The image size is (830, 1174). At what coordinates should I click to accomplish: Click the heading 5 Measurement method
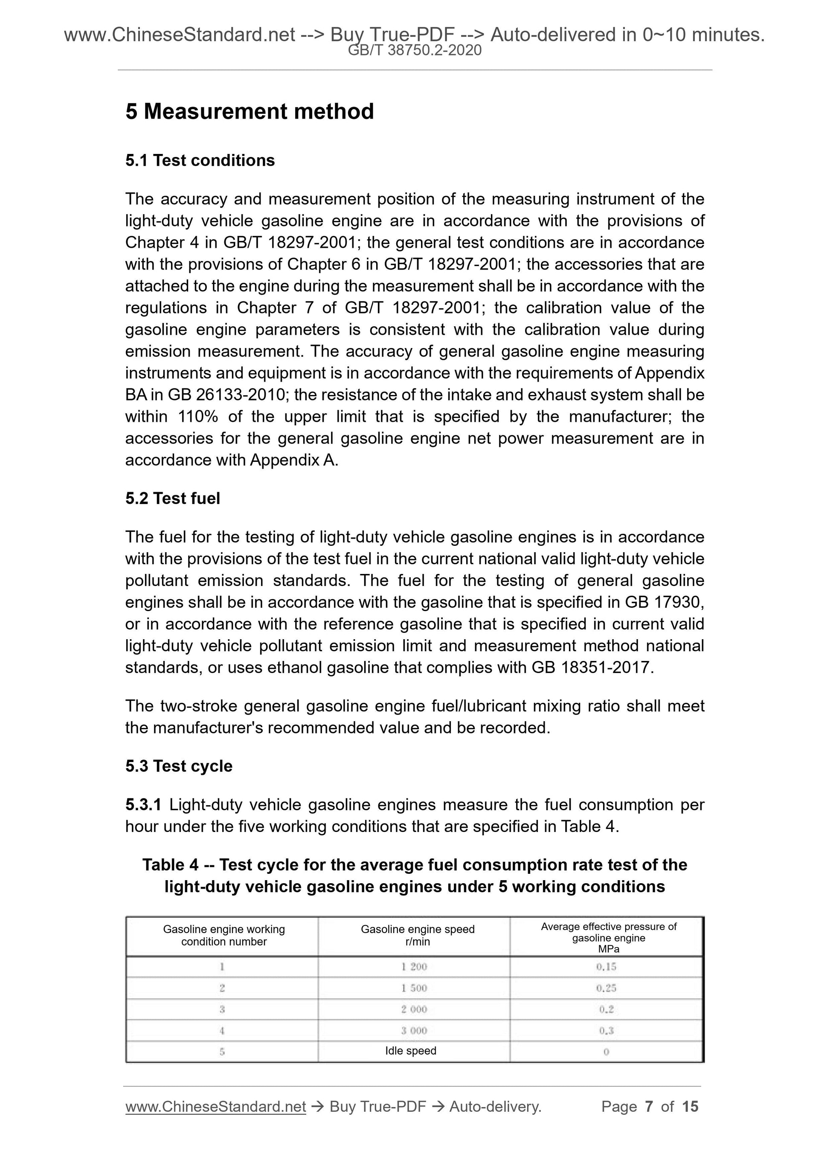[250, 111]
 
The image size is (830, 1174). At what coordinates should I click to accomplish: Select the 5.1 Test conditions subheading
[200, 160]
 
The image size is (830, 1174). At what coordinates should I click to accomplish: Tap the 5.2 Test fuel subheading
[172, 498]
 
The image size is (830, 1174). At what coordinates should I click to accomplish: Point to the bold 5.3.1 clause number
[143, 805]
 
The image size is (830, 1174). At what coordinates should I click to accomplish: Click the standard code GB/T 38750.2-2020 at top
[414, 50]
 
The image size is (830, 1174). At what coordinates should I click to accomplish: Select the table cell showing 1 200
[414, 966]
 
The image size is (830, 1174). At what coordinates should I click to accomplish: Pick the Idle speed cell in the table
[411, 1051]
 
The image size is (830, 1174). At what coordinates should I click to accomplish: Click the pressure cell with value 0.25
[606, 988]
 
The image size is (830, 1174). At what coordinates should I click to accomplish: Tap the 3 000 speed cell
[414, 1030]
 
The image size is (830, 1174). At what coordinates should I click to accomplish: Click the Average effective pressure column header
[608, 937]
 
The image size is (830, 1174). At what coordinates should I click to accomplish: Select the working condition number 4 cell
[222, 1030]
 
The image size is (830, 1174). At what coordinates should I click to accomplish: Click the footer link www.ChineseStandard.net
[215, 1107]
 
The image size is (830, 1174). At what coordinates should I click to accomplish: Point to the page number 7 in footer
[649, 1107]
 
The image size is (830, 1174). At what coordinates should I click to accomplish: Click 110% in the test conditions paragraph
[198, 417]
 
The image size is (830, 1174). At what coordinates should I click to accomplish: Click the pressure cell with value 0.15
[606, 966]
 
